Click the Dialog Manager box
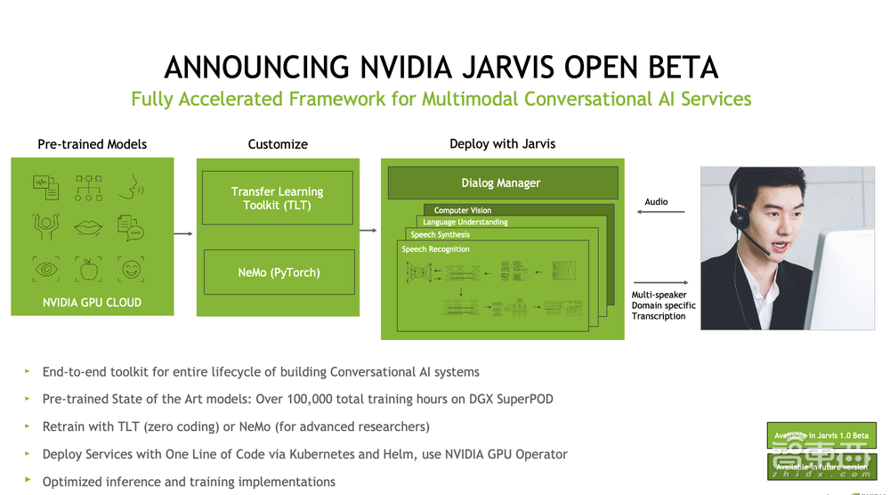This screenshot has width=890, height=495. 501,183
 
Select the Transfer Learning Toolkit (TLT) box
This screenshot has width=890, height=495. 278,198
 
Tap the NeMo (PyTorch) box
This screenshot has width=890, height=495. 278,272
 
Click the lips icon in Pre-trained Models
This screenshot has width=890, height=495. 89,226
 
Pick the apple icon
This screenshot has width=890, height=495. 89,268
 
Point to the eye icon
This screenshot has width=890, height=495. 46,268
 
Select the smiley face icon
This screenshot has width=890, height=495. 132,268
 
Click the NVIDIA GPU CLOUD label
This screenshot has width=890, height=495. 92,303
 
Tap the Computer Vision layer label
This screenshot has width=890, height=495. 463,210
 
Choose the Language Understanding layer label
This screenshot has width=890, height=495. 465,223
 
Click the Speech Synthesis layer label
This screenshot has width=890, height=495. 440,235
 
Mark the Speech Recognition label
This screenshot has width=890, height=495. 435,249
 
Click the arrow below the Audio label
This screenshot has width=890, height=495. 661,212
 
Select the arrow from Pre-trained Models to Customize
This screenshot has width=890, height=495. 183,233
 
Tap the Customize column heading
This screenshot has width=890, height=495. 278,144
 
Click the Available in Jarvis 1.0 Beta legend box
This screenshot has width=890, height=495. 821,435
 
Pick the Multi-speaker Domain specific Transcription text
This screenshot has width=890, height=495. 664,305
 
